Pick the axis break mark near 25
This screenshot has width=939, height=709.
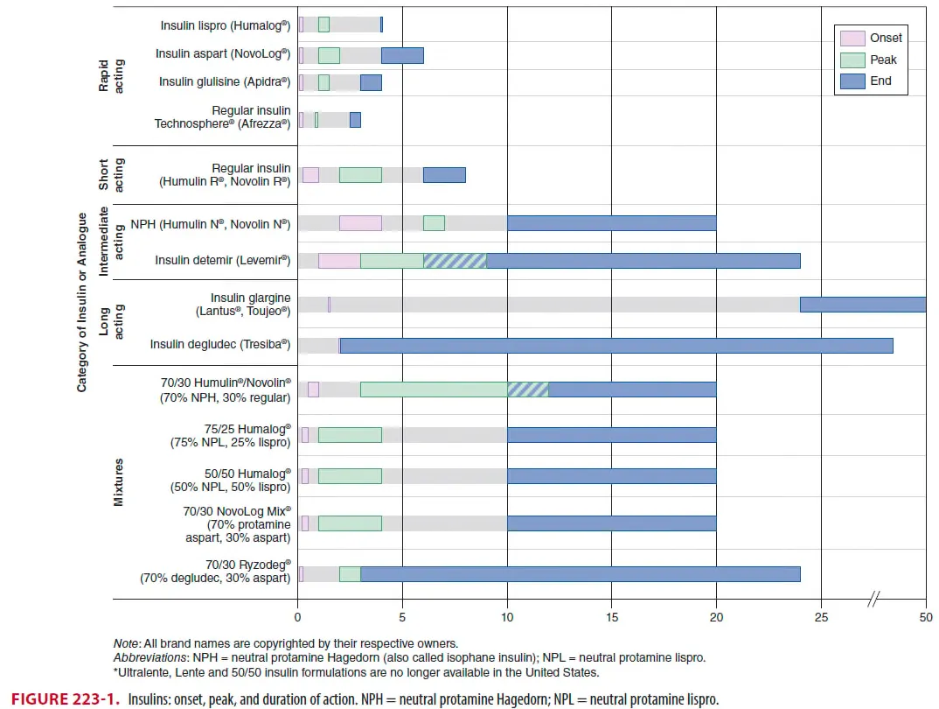click(873, 600)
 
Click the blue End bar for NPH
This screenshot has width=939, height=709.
click(611, 223)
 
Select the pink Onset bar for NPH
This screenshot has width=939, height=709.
click(360, 223)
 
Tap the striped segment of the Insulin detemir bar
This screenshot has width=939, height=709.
click(455, 260)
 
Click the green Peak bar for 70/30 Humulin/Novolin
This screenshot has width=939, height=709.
click(434, 390)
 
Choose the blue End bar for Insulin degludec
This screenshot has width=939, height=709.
click(616, 345)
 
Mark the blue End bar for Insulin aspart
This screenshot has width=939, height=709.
click(402, 55)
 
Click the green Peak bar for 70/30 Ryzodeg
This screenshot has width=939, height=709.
click(350, 574)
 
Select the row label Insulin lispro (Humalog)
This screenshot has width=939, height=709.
click(225, 26)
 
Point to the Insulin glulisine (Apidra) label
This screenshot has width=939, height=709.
click(225, 81)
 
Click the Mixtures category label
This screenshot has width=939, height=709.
click(119, 481)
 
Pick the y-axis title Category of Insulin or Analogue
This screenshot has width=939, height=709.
click(82, 301)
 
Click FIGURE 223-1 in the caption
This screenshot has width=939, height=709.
click(60, 699)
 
